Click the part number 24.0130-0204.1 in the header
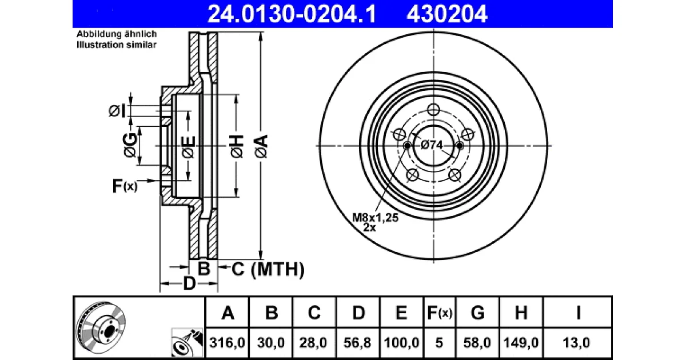click(x=292, y=14)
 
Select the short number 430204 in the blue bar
click(x=447, y=14)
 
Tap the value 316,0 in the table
click(x=228, y=342)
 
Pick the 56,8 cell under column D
click(x=357, y=342)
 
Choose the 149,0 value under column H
click(x=521, y=342)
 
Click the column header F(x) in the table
click(x=440, y=313)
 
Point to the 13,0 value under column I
click(x=576, y=342)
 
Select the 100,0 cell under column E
click(x=401, y=342)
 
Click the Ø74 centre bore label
click(x=432, y=145)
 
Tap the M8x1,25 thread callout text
click(x=375, y=218)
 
